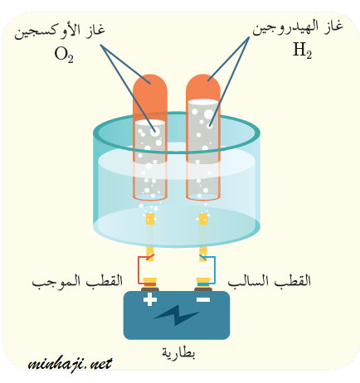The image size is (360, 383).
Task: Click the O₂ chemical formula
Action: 64,55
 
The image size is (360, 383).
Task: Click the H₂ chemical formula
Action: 303,51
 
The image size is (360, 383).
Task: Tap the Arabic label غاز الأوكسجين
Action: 60,31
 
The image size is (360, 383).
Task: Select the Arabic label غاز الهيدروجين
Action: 298,28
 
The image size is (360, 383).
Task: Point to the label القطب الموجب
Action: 77,282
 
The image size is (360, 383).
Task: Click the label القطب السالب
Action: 270,281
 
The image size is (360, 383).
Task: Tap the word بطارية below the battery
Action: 178,352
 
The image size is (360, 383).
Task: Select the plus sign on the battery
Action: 150,299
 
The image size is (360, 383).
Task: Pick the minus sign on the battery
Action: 203,299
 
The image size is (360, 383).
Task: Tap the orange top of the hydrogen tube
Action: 203,88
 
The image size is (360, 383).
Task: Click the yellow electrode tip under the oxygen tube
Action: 150,219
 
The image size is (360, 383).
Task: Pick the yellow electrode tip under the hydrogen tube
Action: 203,219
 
